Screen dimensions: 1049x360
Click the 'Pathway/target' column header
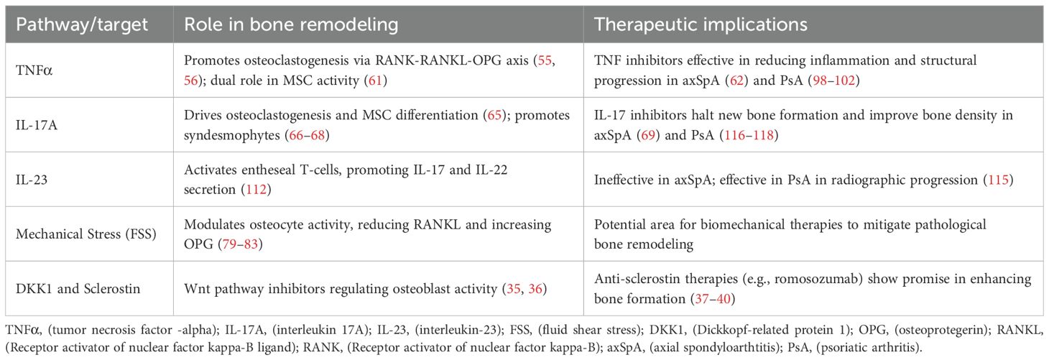point(82,25)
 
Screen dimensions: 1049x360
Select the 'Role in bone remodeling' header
point(291,24)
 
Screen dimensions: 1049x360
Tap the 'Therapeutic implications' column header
point(701,25)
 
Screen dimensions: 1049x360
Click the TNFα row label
point(34,70)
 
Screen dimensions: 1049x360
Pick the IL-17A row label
point(37,125)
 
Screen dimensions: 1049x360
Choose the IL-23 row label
point(32,180)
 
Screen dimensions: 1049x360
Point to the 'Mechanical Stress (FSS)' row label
point(86,234)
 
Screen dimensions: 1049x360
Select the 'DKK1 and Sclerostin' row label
point(78,288)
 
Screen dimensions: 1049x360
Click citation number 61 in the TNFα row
point(376,80)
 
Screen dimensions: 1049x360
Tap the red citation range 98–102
point(833,80)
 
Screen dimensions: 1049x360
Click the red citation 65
point(494,115)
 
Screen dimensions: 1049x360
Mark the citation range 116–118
point(749,135)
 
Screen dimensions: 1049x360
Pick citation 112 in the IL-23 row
point(257,190)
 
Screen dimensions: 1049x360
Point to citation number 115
point(998,180)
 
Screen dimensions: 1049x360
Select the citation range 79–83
point(240,244)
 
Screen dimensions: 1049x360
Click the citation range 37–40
point(713,299)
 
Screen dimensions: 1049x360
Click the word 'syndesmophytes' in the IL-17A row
point(232,136)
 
